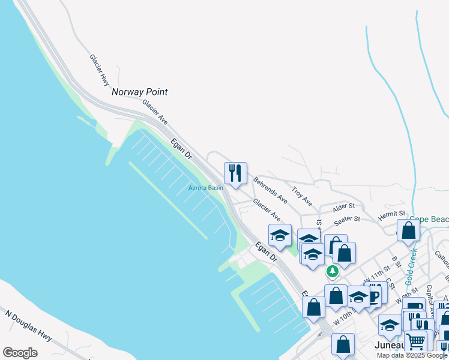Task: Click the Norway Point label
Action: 139,92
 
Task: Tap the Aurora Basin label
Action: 206,188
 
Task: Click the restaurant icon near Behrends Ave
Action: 235,173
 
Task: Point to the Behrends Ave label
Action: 270,187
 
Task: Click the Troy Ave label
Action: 302,194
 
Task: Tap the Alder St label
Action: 344,207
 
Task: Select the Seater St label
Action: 346,221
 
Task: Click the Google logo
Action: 20,353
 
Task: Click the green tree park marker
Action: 332,271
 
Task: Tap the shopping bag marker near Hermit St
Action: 408,230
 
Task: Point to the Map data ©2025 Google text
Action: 412,355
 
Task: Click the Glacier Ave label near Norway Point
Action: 154,111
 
